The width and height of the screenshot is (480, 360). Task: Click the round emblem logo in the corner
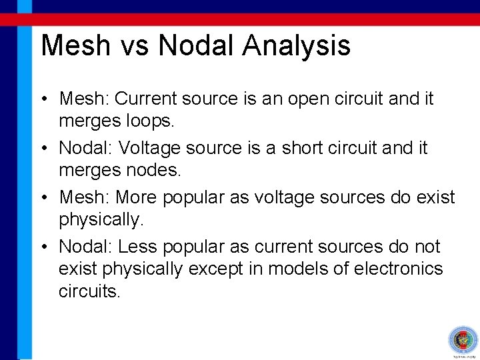[463, 340]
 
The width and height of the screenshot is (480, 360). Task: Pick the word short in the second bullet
[298, 148]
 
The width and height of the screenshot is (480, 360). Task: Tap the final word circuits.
[89, 292]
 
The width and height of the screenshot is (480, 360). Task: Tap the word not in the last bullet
[427, 247]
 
